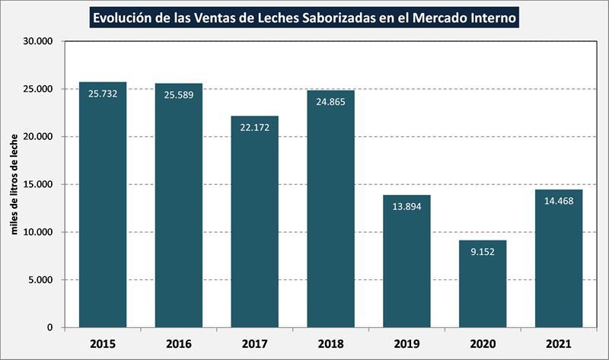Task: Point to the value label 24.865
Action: [x=331, y=101]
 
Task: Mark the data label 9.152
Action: [x=483, y=251]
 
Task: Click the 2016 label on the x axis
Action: [x=179, y=343]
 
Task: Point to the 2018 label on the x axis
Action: [x=331, y=343]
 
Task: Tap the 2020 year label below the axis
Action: [x=483, y=343]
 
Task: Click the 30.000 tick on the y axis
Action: [x=37, y=41]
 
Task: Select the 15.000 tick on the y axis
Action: [x=37, y=184]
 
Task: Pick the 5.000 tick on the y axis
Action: [x=40, y=280]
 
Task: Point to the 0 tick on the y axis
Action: [x=49, y=328]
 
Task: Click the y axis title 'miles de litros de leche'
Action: [x=14, y=184]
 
